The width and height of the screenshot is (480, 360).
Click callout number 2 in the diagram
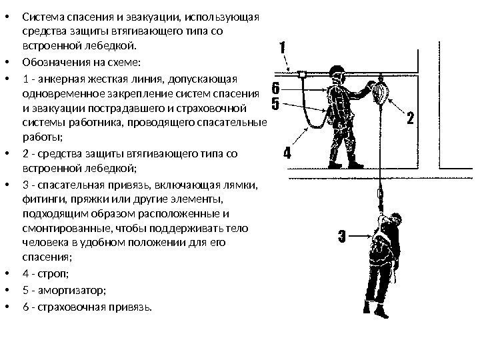410,119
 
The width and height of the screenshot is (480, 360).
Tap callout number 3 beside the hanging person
341,235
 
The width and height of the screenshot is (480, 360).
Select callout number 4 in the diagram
287,153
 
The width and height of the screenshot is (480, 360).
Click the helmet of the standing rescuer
337,72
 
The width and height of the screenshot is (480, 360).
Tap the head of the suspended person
395,220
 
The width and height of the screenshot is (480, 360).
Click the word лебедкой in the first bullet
113,46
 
